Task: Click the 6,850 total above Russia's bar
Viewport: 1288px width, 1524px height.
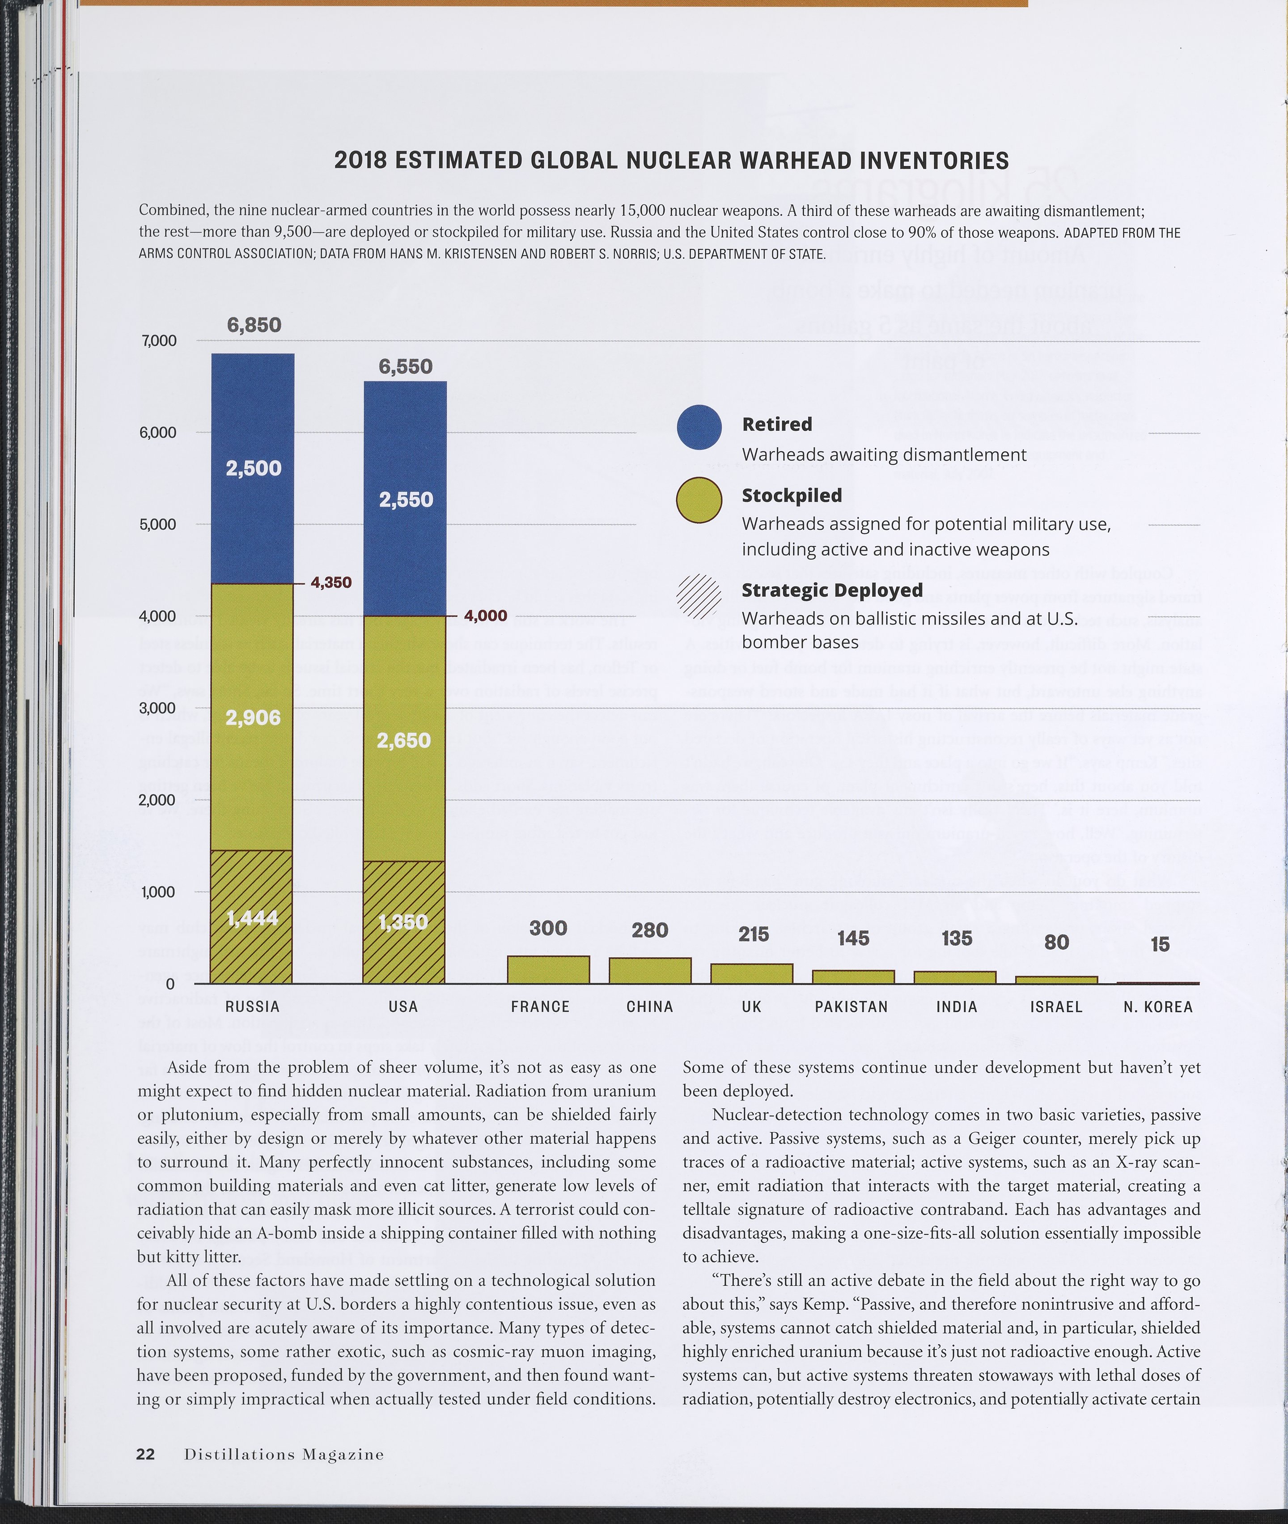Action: tap(254, 325)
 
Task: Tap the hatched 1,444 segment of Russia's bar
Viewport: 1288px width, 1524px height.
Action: tap(251, 917)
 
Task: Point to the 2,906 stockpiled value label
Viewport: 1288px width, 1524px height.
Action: tap(253, 718)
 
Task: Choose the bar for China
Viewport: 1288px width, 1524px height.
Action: tap(650, 971)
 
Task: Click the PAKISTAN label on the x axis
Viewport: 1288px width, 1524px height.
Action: tap(852, 1007)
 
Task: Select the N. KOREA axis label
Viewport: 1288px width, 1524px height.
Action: tap(1158, 1007)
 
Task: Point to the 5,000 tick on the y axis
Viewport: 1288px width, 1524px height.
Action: tap(158, 524)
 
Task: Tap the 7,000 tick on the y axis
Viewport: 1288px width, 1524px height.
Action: tap(158, 341)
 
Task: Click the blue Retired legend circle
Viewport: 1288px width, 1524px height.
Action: tap(699, 427)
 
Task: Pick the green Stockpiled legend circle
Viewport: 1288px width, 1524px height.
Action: tap(699, 500)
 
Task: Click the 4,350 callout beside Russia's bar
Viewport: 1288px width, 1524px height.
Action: tap(331, 583)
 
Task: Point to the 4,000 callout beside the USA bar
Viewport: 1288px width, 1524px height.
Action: tap(486, 616)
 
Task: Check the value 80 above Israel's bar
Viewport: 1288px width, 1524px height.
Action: tap(1056, 942)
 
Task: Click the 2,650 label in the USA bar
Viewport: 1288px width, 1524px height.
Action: tap(404, 740)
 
